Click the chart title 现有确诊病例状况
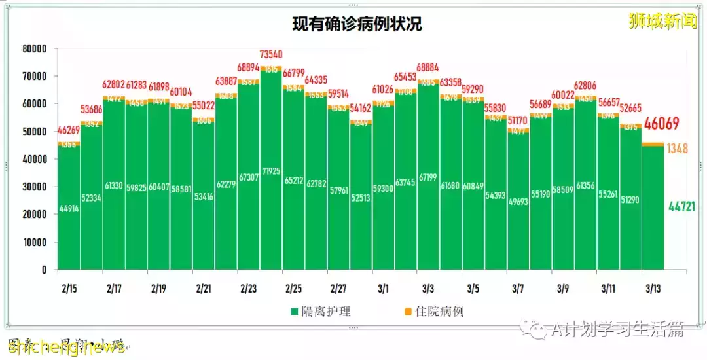coord(357,25)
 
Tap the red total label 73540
coord(271,54)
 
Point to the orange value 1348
coord(677,149)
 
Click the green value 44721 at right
coord(681,207)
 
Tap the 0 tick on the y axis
coord(44,270)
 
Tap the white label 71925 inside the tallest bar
coord(271,189)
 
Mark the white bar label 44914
coord(69,209)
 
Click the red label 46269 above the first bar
coord(69,132)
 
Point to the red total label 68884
coord(428,67)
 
